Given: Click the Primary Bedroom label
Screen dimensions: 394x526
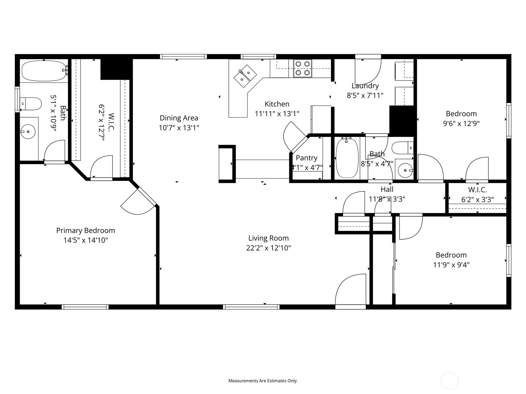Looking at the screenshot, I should (85, 230).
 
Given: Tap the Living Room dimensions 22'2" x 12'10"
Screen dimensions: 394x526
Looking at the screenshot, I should (268, 248).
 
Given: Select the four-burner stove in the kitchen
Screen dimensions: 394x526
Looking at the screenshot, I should (302, 68).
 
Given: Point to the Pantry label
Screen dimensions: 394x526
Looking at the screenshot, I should (306, 158).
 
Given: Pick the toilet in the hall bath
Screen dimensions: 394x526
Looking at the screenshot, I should (403, 148).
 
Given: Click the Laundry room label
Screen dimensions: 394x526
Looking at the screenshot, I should (365, 86).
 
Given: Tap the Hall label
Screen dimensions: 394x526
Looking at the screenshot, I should (387, 189).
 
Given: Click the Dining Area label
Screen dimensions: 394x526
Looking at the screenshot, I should (179, 118).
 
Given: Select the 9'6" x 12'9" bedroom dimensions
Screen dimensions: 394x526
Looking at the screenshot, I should (461, 123).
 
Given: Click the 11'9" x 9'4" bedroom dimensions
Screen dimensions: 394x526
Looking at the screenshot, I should (451, 265).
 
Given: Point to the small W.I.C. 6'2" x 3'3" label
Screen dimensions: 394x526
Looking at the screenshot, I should (477, 190).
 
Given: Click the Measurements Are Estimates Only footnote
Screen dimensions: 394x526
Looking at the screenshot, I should (263, 381).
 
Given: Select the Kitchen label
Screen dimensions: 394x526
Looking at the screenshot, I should (277, 104).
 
